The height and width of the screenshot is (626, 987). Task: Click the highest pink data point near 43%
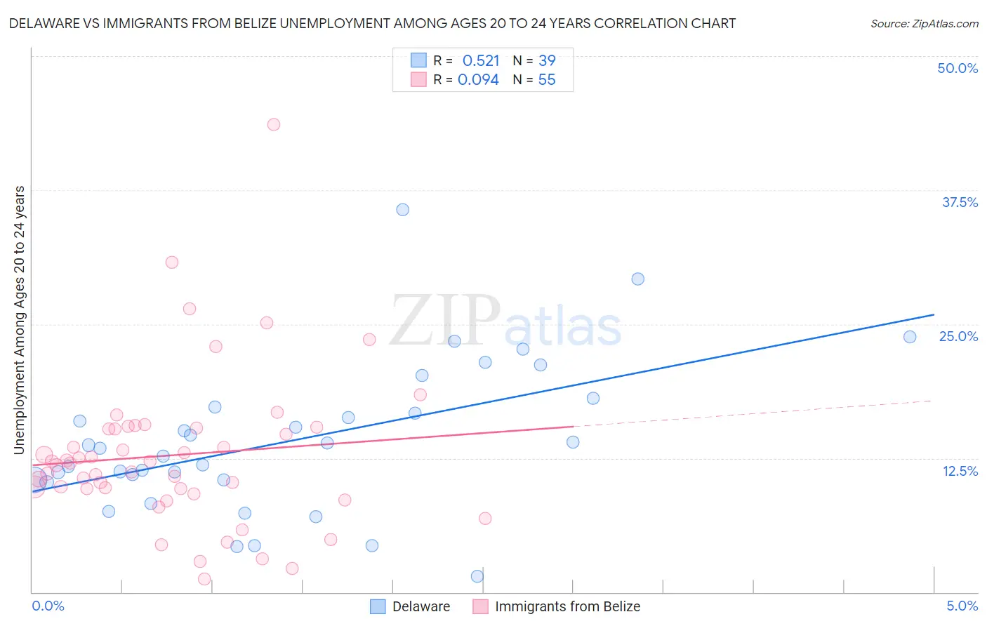(274, 124)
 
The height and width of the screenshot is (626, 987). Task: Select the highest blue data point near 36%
(402, 210)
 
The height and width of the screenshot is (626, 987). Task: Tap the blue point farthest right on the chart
(910, 337)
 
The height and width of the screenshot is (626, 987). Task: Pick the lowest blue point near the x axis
(477, 576)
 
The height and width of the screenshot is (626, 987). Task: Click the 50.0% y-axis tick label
(958, 68)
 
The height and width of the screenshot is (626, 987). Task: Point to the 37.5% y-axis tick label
(960, 202)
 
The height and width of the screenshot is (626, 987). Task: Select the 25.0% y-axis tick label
(958, 336)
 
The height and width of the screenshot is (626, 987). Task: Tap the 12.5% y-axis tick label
(960, 471)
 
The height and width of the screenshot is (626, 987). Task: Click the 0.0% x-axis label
(48, 606)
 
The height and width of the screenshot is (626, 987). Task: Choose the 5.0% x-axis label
(962, 606)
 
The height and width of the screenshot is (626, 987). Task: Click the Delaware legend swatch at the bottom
(378, 606)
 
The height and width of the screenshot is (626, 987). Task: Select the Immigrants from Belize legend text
(567, 606)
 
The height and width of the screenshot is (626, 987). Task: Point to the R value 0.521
(481, 60)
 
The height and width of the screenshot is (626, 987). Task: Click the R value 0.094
(478, 80)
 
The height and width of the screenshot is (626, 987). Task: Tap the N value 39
(547, 60)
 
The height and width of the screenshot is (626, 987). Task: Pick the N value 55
(547, 80)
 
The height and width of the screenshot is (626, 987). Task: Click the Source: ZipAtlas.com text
(924, 24)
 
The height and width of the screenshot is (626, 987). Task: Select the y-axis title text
(19, 320)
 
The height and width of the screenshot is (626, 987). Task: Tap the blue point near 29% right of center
(637, 279)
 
